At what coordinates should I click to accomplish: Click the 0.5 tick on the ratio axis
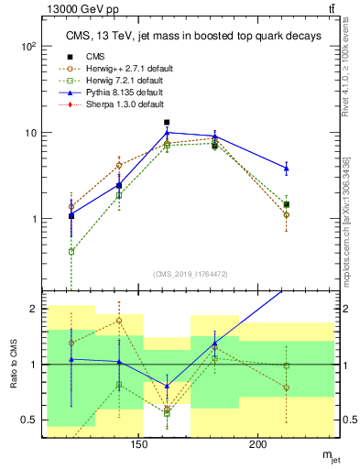click(30, 420)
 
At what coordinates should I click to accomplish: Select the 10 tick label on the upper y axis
click(30, 133)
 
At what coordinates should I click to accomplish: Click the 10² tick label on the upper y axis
click(29, 46)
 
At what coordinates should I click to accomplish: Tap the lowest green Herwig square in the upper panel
click(71, 251)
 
